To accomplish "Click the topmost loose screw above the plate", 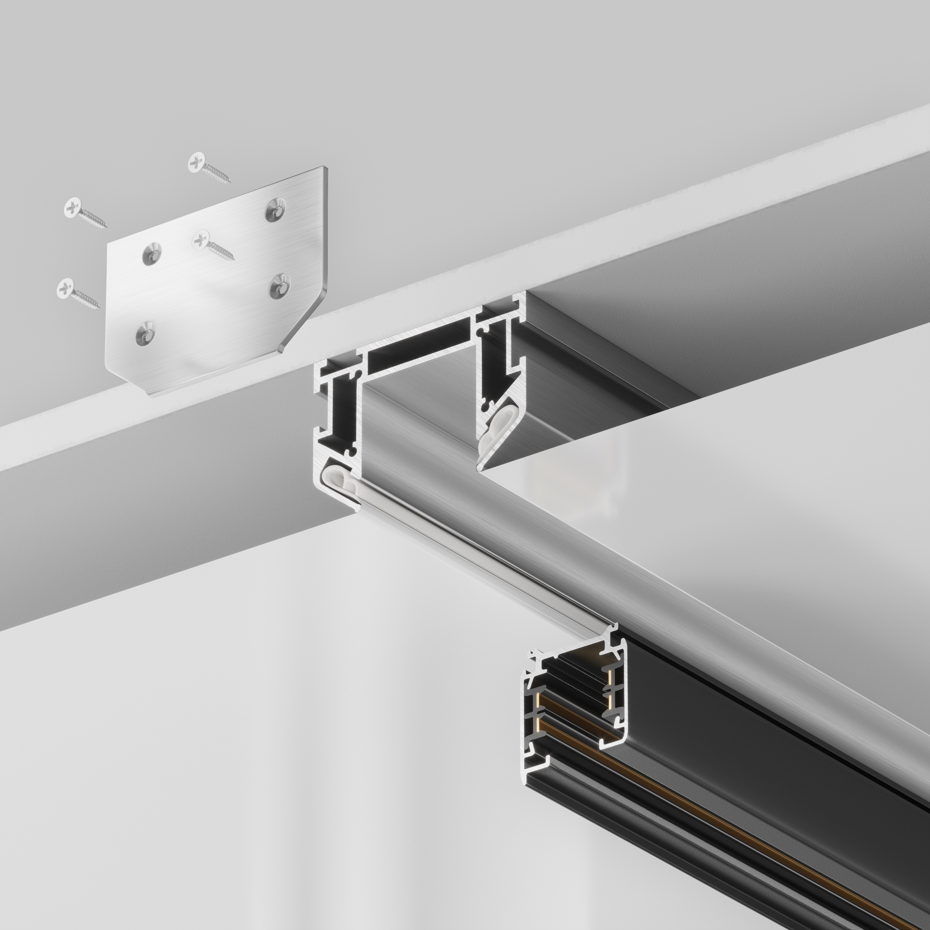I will click(208, 167).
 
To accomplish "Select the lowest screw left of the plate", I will click(77, 293).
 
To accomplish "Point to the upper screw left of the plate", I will click(84, 213).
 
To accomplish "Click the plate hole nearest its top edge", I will click(275, 209).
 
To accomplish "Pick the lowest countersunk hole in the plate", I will click(145, 333).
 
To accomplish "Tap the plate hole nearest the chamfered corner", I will click(279, 286).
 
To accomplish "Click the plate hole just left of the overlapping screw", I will click(152, 254).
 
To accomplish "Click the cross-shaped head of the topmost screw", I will click(196, 162).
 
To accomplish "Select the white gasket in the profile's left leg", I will click(343, 486).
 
